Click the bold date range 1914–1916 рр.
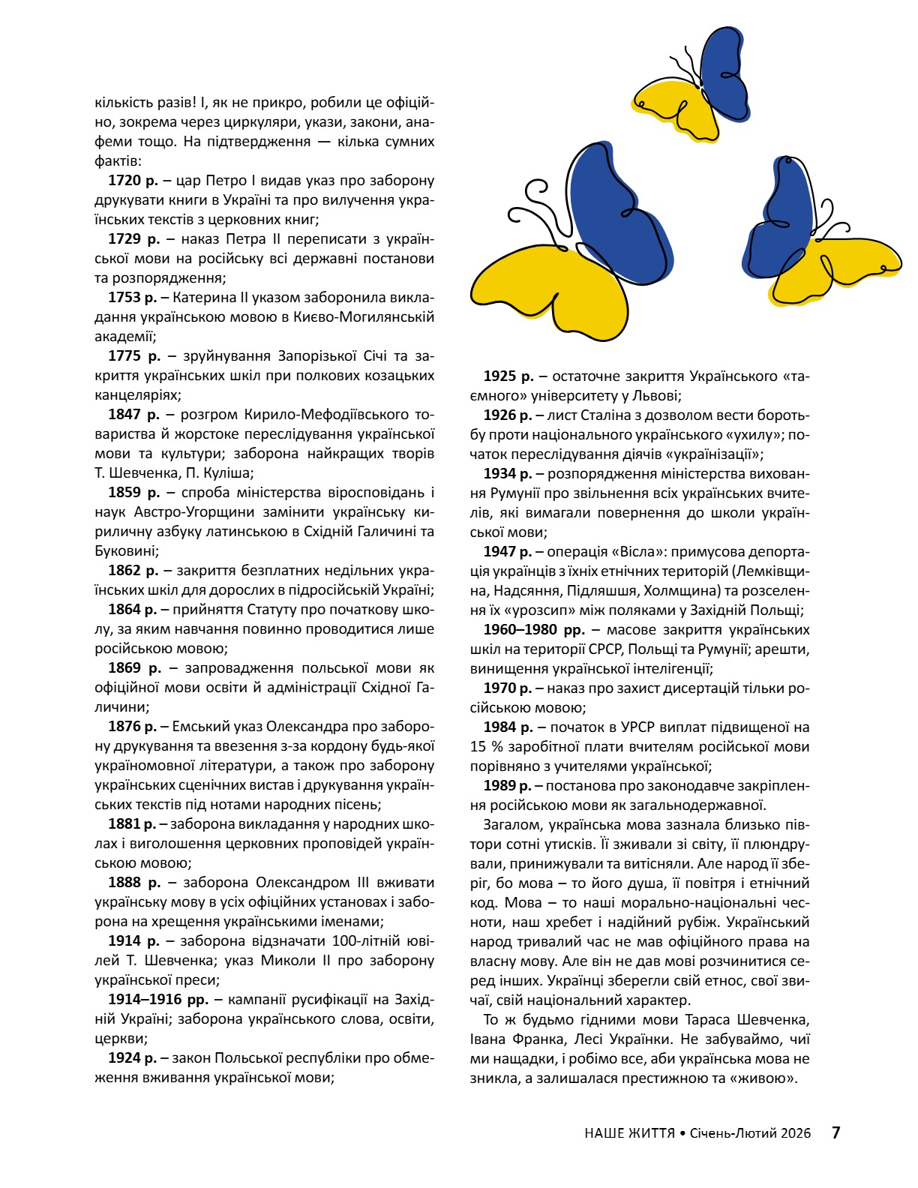pos(158,1000)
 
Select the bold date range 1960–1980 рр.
pos(533,630)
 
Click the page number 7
pos(836,1132)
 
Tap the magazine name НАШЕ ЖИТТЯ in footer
pos(629,1133)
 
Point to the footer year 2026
pos(795,1133)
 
